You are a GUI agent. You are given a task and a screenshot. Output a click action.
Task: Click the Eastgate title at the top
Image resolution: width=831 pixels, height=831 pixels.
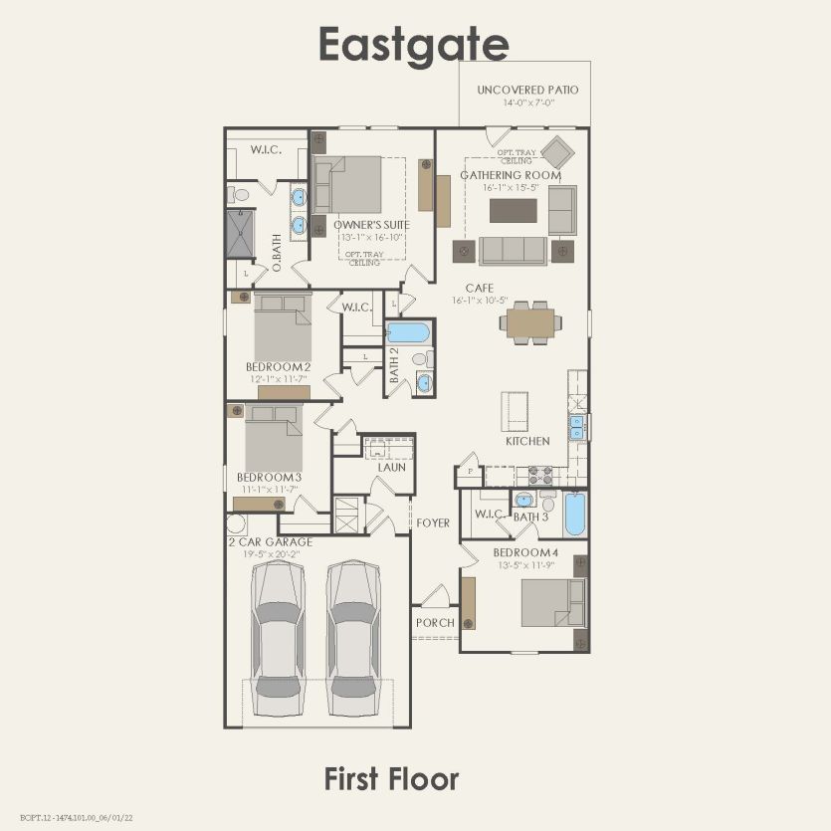click(414, 45)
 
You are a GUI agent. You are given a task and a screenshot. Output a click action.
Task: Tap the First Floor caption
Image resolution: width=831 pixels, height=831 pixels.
click(391, 779)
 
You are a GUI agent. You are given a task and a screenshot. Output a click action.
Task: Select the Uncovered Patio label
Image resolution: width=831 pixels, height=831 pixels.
click(527, 90)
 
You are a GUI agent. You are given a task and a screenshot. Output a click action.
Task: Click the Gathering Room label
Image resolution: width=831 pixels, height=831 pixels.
click(510, 175)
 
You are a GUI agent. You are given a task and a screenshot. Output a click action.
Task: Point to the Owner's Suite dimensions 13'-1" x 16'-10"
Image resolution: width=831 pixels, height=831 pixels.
click(358, 237)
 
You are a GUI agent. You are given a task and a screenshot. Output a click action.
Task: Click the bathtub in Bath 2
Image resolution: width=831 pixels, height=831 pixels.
click(408, 331)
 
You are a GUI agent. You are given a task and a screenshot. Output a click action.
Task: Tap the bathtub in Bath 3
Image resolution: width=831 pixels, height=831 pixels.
click(575, 514)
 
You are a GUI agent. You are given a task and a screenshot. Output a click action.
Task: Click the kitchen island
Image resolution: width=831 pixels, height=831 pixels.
click(515, 408)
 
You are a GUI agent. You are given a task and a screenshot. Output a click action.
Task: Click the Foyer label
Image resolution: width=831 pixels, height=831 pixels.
click(433, 522)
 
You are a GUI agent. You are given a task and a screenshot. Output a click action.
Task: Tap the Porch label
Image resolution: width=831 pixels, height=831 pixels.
click(435, 623)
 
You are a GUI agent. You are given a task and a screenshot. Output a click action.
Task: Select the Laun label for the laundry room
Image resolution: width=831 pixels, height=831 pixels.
click(391, 467)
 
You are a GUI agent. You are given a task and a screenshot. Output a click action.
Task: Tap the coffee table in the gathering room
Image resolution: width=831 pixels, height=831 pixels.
click(513, 211)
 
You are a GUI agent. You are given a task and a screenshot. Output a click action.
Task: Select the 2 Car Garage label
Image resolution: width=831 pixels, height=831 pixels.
click(270, 542)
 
